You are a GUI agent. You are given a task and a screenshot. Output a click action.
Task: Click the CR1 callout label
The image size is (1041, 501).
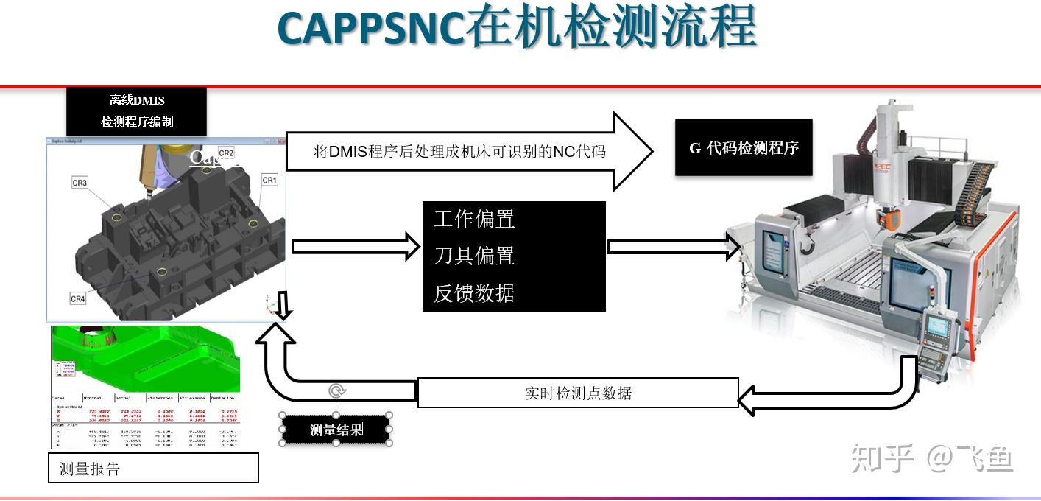269,180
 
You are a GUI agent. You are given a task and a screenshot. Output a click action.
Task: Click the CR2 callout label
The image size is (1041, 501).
226,153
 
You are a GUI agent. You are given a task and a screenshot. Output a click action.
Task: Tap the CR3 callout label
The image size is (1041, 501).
80,183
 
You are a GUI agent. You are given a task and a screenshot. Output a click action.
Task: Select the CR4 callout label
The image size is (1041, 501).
78,298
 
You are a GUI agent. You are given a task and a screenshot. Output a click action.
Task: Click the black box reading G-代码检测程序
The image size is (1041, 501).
744,147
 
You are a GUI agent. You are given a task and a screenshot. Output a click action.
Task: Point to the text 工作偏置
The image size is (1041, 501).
474,219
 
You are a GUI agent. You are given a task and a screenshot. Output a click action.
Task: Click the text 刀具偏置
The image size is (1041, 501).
474,256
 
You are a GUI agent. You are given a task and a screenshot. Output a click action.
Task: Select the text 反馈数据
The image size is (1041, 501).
474,293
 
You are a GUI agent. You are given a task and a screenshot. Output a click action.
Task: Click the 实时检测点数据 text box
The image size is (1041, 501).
578,393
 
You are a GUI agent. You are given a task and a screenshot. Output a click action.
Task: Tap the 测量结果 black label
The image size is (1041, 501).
336,430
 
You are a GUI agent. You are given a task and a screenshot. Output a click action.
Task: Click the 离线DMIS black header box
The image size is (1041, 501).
137,111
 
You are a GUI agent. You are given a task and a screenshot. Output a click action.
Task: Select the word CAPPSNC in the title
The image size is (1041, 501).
371,29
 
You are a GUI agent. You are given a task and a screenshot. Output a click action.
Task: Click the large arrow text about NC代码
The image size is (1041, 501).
459,152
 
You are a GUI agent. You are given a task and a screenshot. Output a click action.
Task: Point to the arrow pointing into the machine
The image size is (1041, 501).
674,247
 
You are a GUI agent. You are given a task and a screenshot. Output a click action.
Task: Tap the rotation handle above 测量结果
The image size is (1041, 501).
336,391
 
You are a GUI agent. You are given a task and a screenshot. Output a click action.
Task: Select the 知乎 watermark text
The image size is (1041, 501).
882,458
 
